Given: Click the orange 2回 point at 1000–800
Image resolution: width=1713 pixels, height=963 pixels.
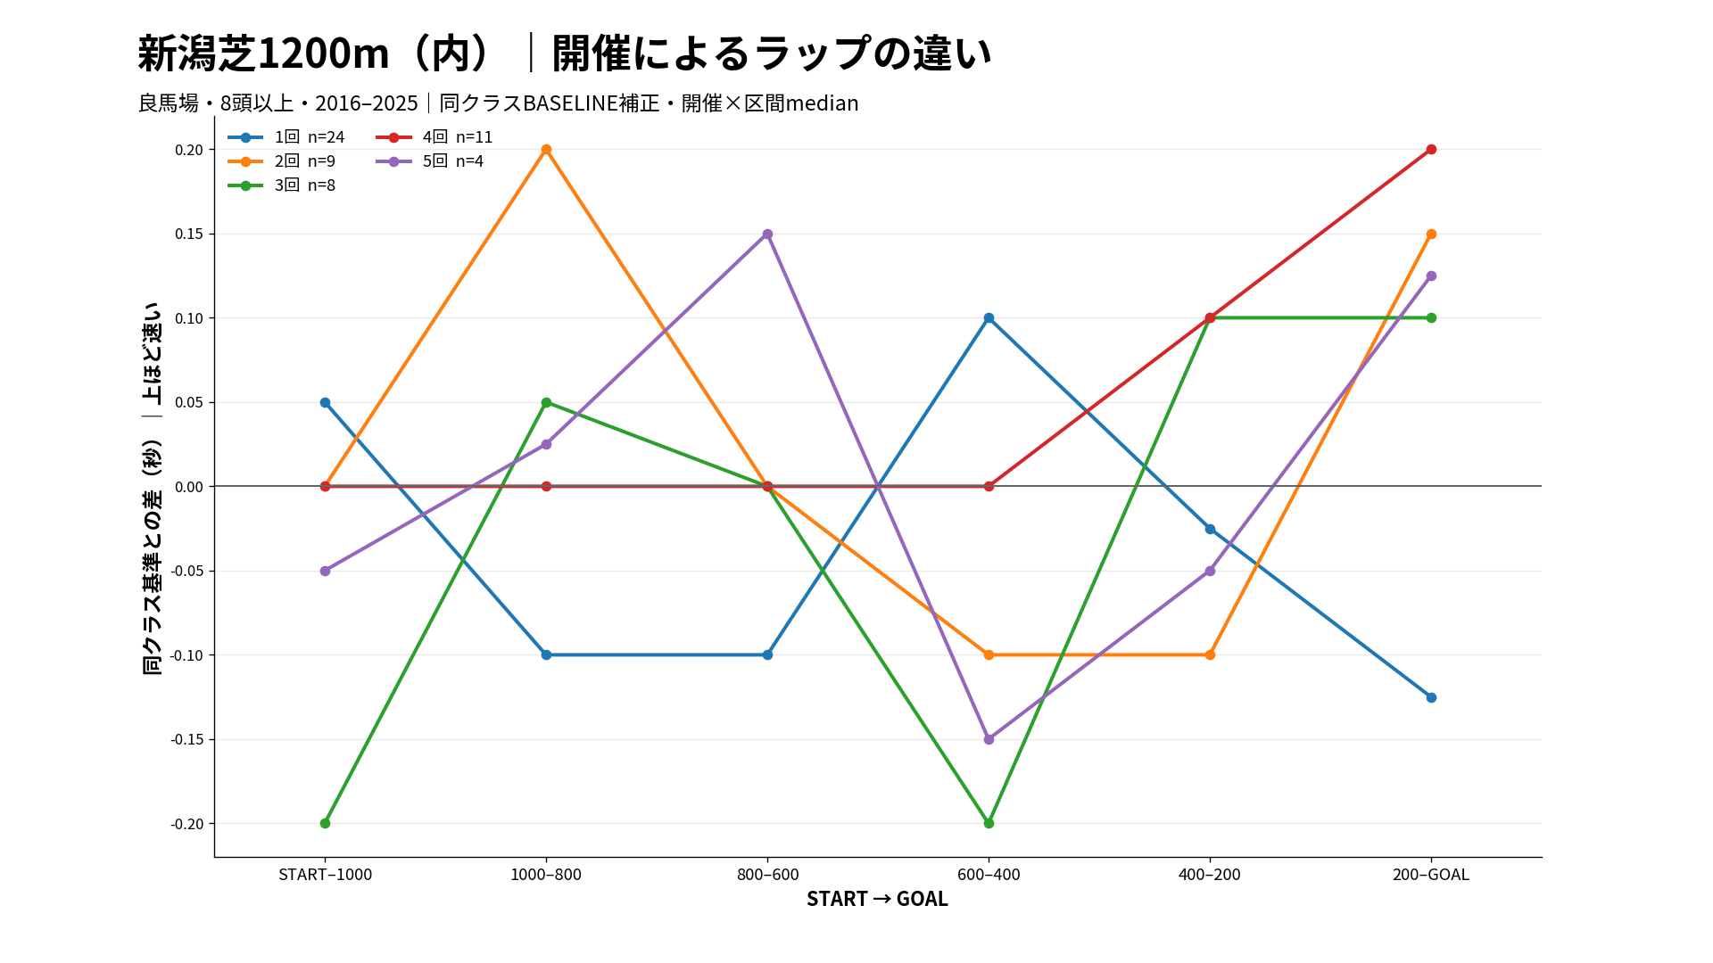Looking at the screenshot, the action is point(546,150).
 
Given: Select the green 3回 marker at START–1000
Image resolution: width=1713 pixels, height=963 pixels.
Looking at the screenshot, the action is point(325,823).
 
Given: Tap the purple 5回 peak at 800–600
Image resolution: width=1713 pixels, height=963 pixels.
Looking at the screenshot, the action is point(767,235).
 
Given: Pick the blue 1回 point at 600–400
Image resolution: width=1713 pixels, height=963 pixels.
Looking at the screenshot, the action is point(989,318).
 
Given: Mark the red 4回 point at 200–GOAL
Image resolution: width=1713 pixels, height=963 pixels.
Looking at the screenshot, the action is point(1431,150).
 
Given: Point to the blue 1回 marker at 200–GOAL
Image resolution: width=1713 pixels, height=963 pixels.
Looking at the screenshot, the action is point(1431,697).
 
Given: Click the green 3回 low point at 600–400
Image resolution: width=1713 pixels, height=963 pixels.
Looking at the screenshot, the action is point(989,823).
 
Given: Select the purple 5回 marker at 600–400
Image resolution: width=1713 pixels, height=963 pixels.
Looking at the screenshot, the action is point(989,739).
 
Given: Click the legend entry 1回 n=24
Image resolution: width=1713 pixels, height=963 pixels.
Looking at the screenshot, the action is point(286,137).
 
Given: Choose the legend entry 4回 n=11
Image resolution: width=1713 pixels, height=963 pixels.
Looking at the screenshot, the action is point(434,137).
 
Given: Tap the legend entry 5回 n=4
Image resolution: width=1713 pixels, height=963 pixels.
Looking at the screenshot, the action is point(430,161).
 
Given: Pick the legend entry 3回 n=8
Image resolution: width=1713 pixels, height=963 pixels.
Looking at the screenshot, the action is point(282,185).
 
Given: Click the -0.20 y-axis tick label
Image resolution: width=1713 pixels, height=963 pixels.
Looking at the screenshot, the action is point(187,824).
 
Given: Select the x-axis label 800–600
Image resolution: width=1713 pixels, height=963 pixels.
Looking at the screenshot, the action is point(767,875).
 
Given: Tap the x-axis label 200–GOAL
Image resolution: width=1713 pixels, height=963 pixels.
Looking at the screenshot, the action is point(1431,875).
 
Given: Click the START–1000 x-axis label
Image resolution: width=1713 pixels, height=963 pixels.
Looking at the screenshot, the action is point(325,875).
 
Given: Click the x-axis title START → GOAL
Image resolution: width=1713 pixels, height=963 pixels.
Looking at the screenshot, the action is point(877,899).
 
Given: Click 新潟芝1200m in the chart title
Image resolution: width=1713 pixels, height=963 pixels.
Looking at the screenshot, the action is point(263,53).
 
